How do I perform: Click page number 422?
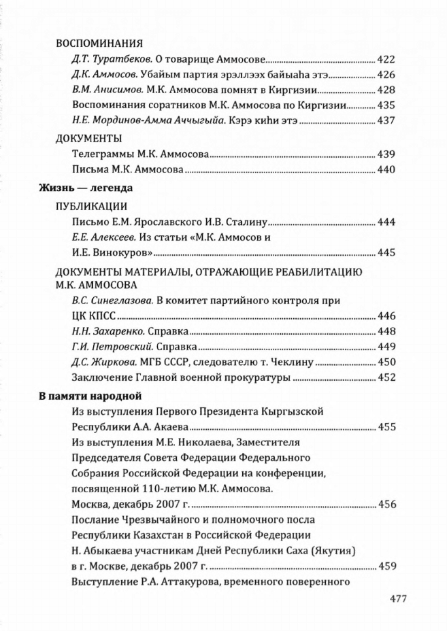(386, 59)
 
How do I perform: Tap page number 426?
(386, 74)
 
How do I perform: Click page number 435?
(386, 105)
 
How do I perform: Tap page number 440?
(386, 169)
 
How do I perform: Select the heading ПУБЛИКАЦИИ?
(91, 206)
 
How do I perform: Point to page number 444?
(386, 222)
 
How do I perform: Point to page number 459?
(386, 565)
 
